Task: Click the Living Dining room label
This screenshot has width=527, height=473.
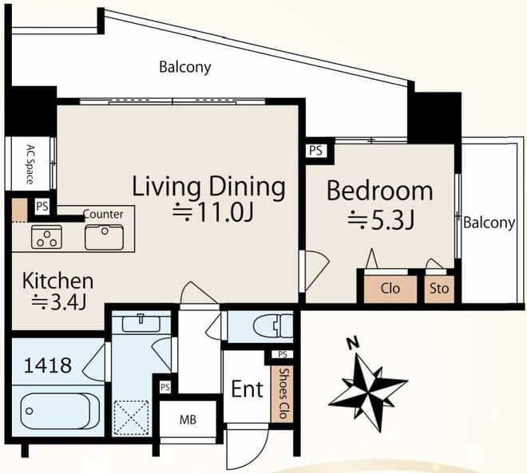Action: [208, 187]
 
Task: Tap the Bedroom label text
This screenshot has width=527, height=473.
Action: [380, 191]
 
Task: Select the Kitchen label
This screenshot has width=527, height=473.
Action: [57, 281]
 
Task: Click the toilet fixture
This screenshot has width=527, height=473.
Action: [273, 325]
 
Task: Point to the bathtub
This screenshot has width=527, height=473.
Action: [55, 411]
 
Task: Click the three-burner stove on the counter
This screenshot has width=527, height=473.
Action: [47, 237]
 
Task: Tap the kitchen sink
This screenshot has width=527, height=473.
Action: [104, 238]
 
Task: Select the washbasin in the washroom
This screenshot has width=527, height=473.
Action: [141, 324]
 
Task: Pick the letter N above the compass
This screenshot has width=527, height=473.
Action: [353, 344]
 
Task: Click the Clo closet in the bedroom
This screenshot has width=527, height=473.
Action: [390, 289]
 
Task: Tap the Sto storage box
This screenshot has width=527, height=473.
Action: [439, 289]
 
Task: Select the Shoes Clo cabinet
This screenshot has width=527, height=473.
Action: [282, 393]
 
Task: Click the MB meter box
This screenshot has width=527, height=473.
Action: [188, 420]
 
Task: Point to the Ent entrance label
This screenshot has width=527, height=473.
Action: [248, 389]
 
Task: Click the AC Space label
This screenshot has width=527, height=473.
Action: [30, 164]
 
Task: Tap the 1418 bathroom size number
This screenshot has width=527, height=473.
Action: [48, 365]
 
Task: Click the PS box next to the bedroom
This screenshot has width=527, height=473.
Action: [316, 151]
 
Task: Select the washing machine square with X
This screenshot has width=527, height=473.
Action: [131, 418]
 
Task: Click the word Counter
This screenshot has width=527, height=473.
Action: [103, 215]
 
